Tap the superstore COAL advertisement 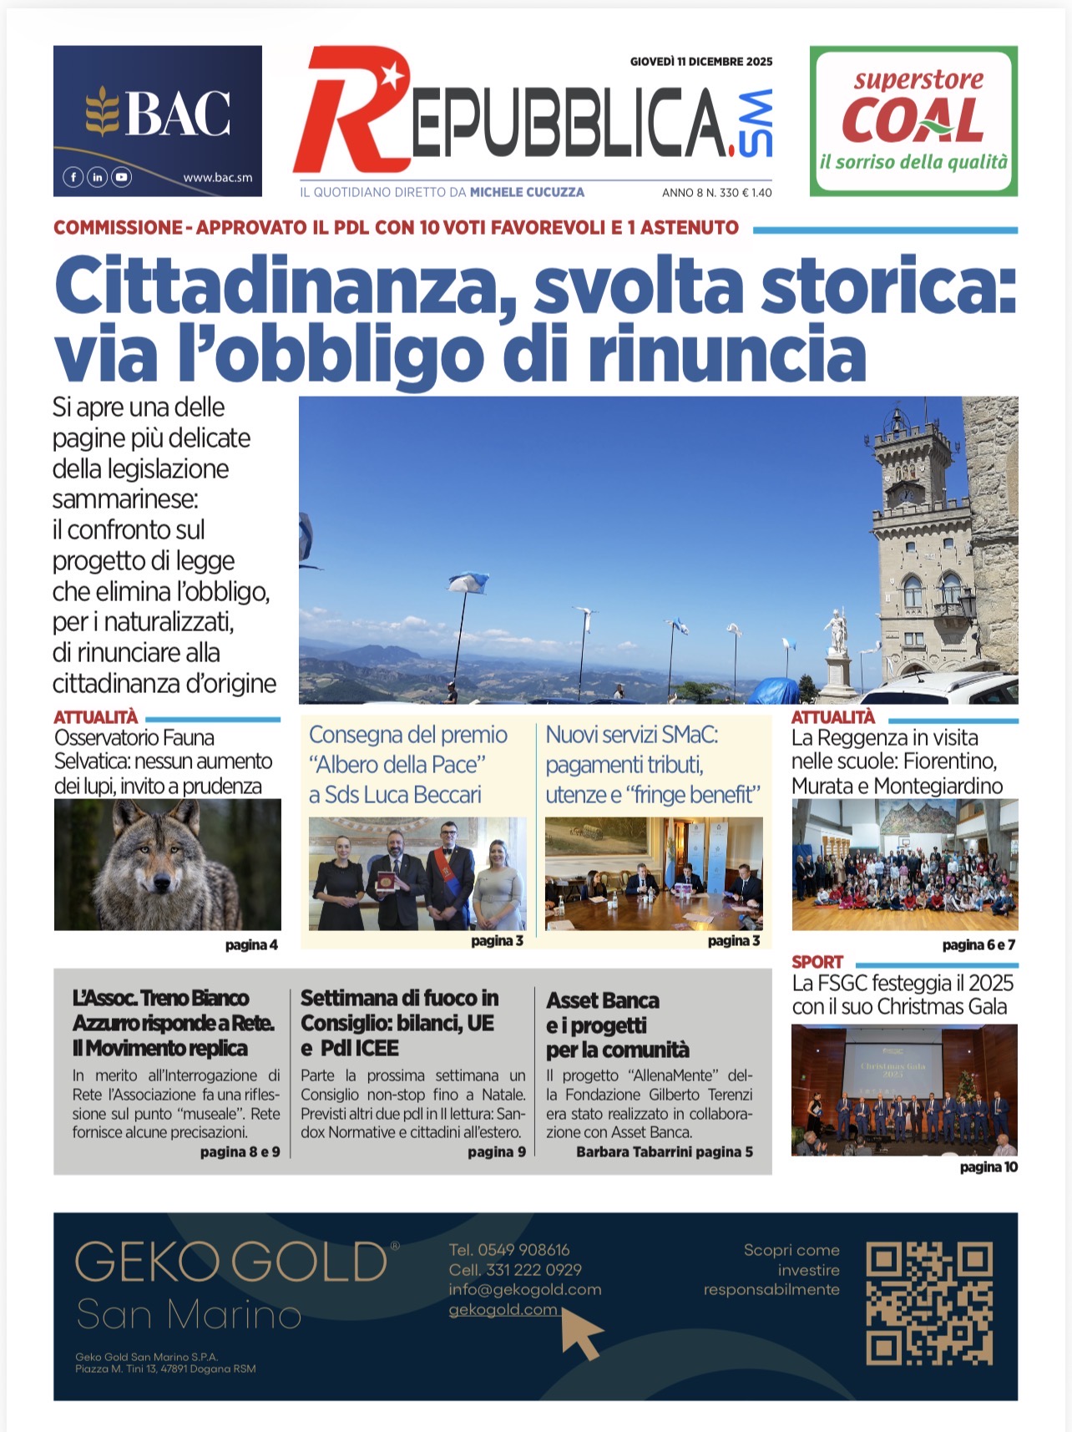coord(913,121)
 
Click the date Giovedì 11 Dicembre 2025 coord(701,61)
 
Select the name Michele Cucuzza coord(527,192)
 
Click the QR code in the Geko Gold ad coord(929,1303)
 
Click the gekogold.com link coord(503,1309)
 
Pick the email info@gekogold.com coord(524,1289)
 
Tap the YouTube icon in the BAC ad coord(122,177)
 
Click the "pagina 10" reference coord(989,1166)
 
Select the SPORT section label coord(817,962)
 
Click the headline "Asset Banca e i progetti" coord(618,1025)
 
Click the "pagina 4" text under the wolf coord(251,944)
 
